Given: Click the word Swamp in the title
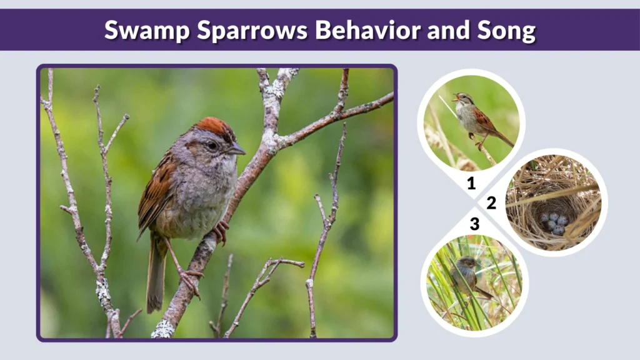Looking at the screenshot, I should pyautogui.click(x=139, y=30).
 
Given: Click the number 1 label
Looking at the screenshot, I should pyautogui.click(x=471, y=184).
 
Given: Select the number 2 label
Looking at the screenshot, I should pyautogui.click(x=491, y=202).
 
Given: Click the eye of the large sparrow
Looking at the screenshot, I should pyautogui.click(x=212, y=145).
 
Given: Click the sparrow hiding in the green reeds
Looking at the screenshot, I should pyautogui.click(x=466, y=274).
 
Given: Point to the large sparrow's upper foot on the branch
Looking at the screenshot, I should pyautogui.click(x=220, y=231).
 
